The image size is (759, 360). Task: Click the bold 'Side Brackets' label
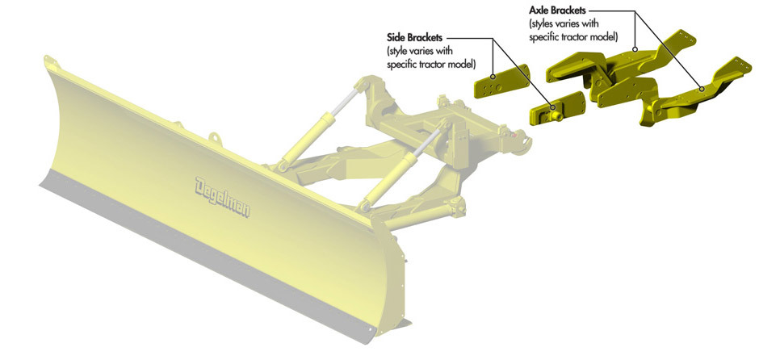417,37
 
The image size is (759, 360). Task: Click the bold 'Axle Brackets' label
557,10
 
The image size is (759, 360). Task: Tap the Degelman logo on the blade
223,197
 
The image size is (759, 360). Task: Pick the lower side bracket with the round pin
557,108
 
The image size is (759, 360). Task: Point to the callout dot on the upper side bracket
493,76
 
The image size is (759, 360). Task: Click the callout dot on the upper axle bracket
635,49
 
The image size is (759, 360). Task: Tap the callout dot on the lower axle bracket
701,89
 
